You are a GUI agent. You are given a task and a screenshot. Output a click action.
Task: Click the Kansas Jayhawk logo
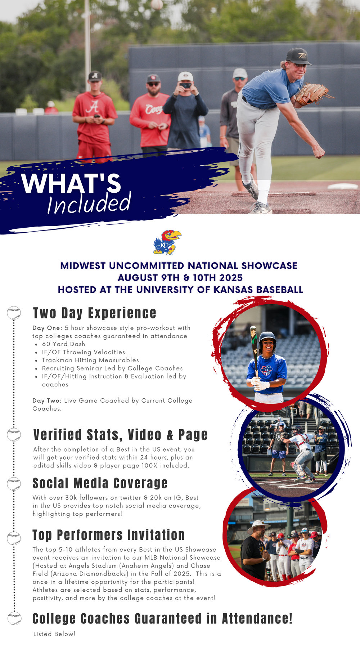point(167,242)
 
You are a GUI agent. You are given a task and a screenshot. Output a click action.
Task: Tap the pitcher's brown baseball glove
point(311,93)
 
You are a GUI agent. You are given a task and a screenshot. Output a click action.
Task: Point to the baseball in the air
point(157,4)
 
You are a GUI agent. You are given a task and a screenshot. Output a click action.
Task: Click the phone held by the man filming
point(185,85)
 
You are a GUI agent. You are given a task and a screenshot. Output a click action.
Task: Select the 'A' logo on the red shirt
point(94,107)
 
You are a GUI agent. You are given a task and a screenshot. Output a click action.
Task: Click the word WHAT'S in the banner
point(71,183)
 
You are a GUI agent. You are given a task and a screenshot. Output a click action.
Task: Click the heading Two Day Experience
point(95,313)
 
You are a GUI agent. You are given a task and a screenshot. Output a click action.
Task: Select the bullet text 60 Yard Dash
point(63,344)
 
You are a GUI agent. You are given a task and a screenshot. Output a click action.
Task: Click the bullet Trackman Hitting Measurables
point(90,360)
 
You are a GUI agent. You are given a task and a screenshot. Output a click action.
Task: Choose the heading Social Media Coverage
point(100,483)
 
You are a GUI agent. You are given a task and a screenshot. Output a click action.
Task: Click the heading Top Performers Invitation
point(108,535)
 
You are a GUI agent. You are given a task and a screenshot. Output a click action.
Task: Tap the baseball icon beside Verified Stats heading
point(14,435)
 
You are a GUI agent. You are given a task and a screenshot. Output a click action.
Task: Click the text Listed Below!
point(54,634)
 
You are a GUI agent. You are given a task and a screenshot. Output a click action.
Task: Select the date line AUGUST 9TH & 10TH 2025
point(180,278)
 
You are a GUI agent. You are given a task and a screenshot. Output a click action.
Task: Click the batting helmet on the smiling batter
point(267,339)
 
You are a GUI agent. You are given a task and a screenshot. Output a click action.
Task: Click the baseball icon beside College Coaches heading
point(14,618)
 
